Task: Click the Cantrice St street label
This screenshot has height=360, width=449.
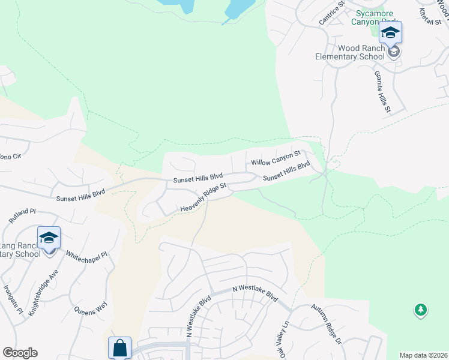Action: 332,13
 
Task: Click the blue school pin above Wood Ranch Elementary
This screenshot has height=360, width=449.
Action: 390,33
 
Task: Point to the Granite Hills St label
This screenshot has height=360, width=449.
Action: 382,92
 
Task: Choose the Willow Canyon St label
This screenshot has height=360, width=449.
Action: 275,158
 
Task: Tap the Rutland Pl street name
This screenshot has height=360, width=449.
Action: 23,215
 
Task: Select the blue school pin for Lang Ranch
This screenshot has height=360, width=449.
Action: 49,238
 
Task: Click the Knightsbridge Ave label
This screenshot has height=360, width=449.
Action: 45,289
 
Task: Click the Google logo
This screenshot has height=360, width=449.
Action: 20,353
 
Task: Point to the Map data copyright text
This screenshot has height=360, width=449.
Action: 424,355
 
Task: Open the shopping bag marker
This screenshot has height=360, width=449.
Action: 119,347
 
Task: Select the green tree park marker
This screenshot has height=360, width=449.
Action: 421,310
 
